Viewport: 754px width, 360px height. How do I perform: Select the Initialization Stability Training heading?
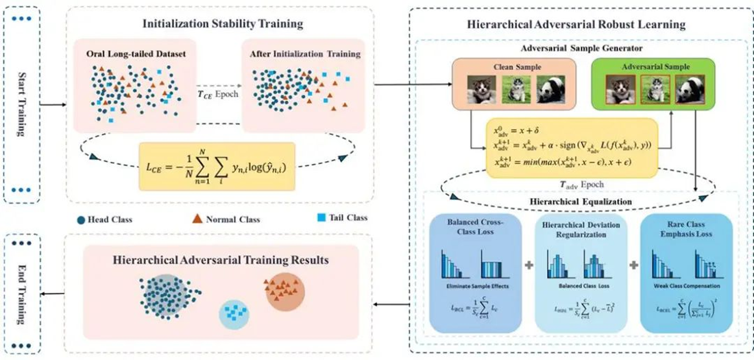click(x=223, y=23)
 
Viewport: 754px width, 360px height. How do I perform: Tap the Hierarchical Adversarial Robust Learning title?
click(x=576, y=25)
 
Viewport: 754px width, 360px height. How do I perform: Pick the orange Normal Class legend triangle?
click(x=195, y=219)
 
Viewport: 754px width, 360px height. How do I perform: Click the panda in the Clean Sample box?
click(x=552, y=89)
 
